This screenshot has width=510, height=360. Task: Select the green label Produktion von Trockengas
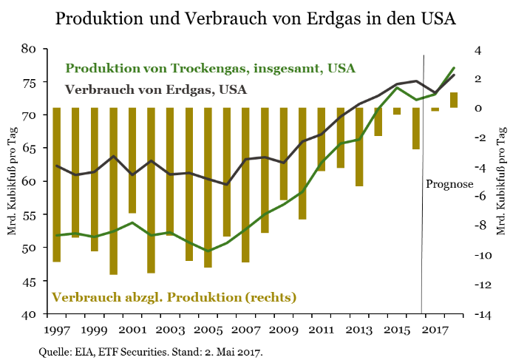211,68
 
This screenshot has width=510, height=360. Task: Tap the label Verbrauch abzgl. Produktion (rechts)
174,297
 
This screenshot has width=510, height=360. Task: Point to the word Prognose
449,183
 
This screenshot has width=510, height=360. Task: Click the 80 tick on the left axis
30,49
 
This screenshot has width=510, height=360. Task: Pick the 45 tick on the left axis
30,281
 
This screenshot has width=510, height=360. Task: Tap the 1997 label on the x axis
56,329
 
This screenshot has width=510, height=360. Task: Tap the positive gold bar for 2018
454,100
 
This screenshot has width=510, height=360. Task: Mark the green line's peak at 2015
397,88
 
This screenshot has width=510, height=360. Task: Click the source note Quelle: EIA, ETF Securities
149,351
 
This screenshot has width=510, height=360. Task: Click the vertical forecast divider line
422,222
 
